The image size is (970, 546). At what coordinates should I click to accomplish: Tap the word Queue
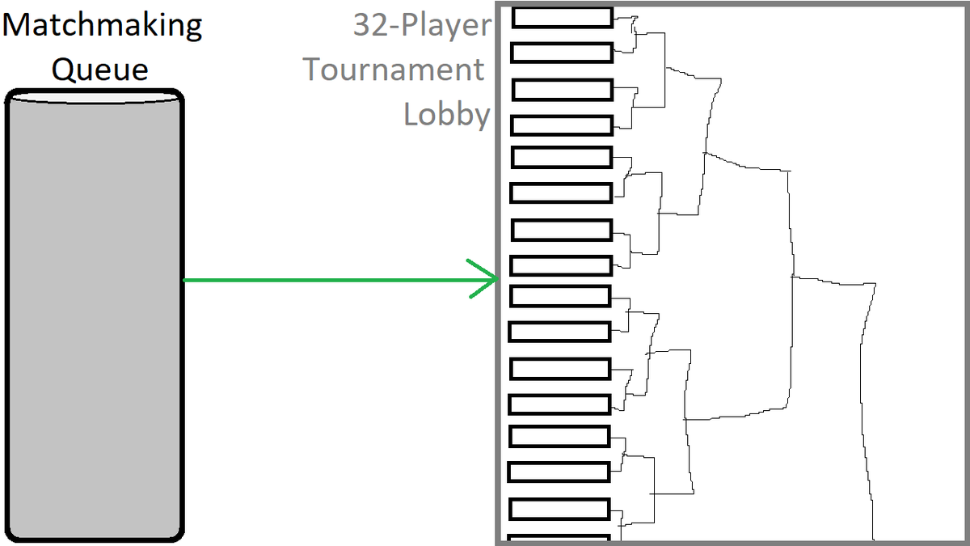pyautogui.click(x=100, y=70)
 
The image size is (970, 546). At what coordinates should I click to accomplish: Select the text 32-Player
pyautogui.click(x=422, y=25)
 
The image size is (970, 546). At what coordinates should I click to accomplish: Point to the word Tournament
pyautogui.click(x=393, y=70)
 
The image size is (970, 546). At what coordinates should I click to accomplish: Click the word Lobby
pyautogui.click(x=447, y=114)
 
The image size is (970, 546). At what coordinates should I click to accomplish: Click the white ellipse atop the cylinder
pyautogui.click(x=95, y=99)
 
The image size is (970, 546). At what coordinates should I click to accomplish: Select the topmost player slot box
pyautogui.click(x=563, y=18)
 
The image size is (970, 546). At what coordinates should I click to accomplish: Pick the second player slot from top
pyautogui.click(x=562, y=53)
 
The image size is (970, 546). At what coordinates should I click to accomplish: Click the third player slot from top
pyautogui.click(x=563, y=90)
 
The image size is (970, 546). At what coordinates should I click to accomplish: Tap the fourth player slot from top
pyautogui.click(x=562, y=125)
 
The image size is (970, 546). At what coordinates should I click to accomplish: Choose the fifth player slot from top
pyautogui.click(x=562, y=157)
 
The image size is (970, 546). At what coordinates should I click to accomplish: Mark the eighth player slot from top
pyautogui.click(x=561, y=265)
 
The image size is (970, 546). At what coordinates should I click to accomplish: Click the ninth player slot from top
pyautogui.click(x=560, y=296)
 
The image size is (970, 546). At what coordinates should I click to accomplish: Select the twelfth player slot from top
pyautogui.click(x=560, y=404)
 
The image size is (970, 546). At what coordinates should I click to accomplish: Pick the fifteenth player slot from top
pyautogui.click(x=559, y=509)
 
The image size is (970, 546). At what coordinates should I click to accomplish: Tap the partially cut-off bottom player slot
pyautogui.click(x=559, y=538)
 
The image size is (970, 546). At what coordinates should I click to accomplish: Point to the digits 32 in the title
pyautogui.click(x=371, y=25)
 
